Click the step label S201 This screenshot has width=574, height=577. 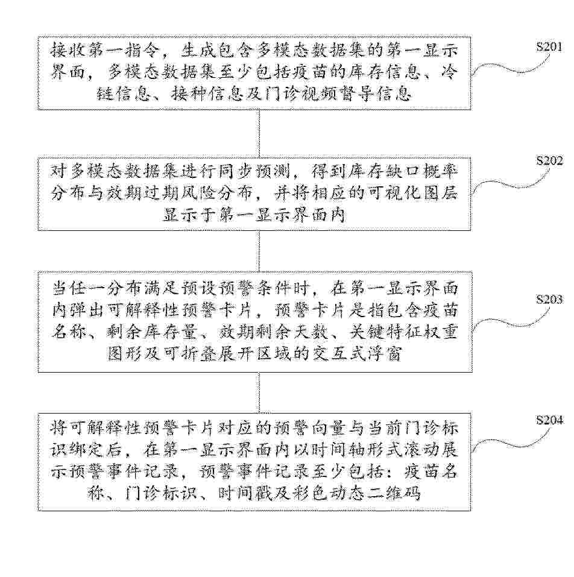549,47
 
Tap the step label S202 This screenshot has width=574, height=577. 549,160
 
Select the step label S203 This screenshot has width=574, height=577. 549,300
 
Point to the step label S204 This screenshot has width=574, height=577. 549,420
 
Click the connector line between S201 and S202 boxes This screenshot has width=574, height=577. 259,134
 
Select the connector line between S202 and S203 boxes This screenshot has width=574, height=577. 259,251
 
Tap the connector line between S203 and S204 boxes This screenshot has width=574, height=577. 259,393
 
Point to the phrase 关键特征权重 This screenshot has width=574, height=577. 403,332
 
